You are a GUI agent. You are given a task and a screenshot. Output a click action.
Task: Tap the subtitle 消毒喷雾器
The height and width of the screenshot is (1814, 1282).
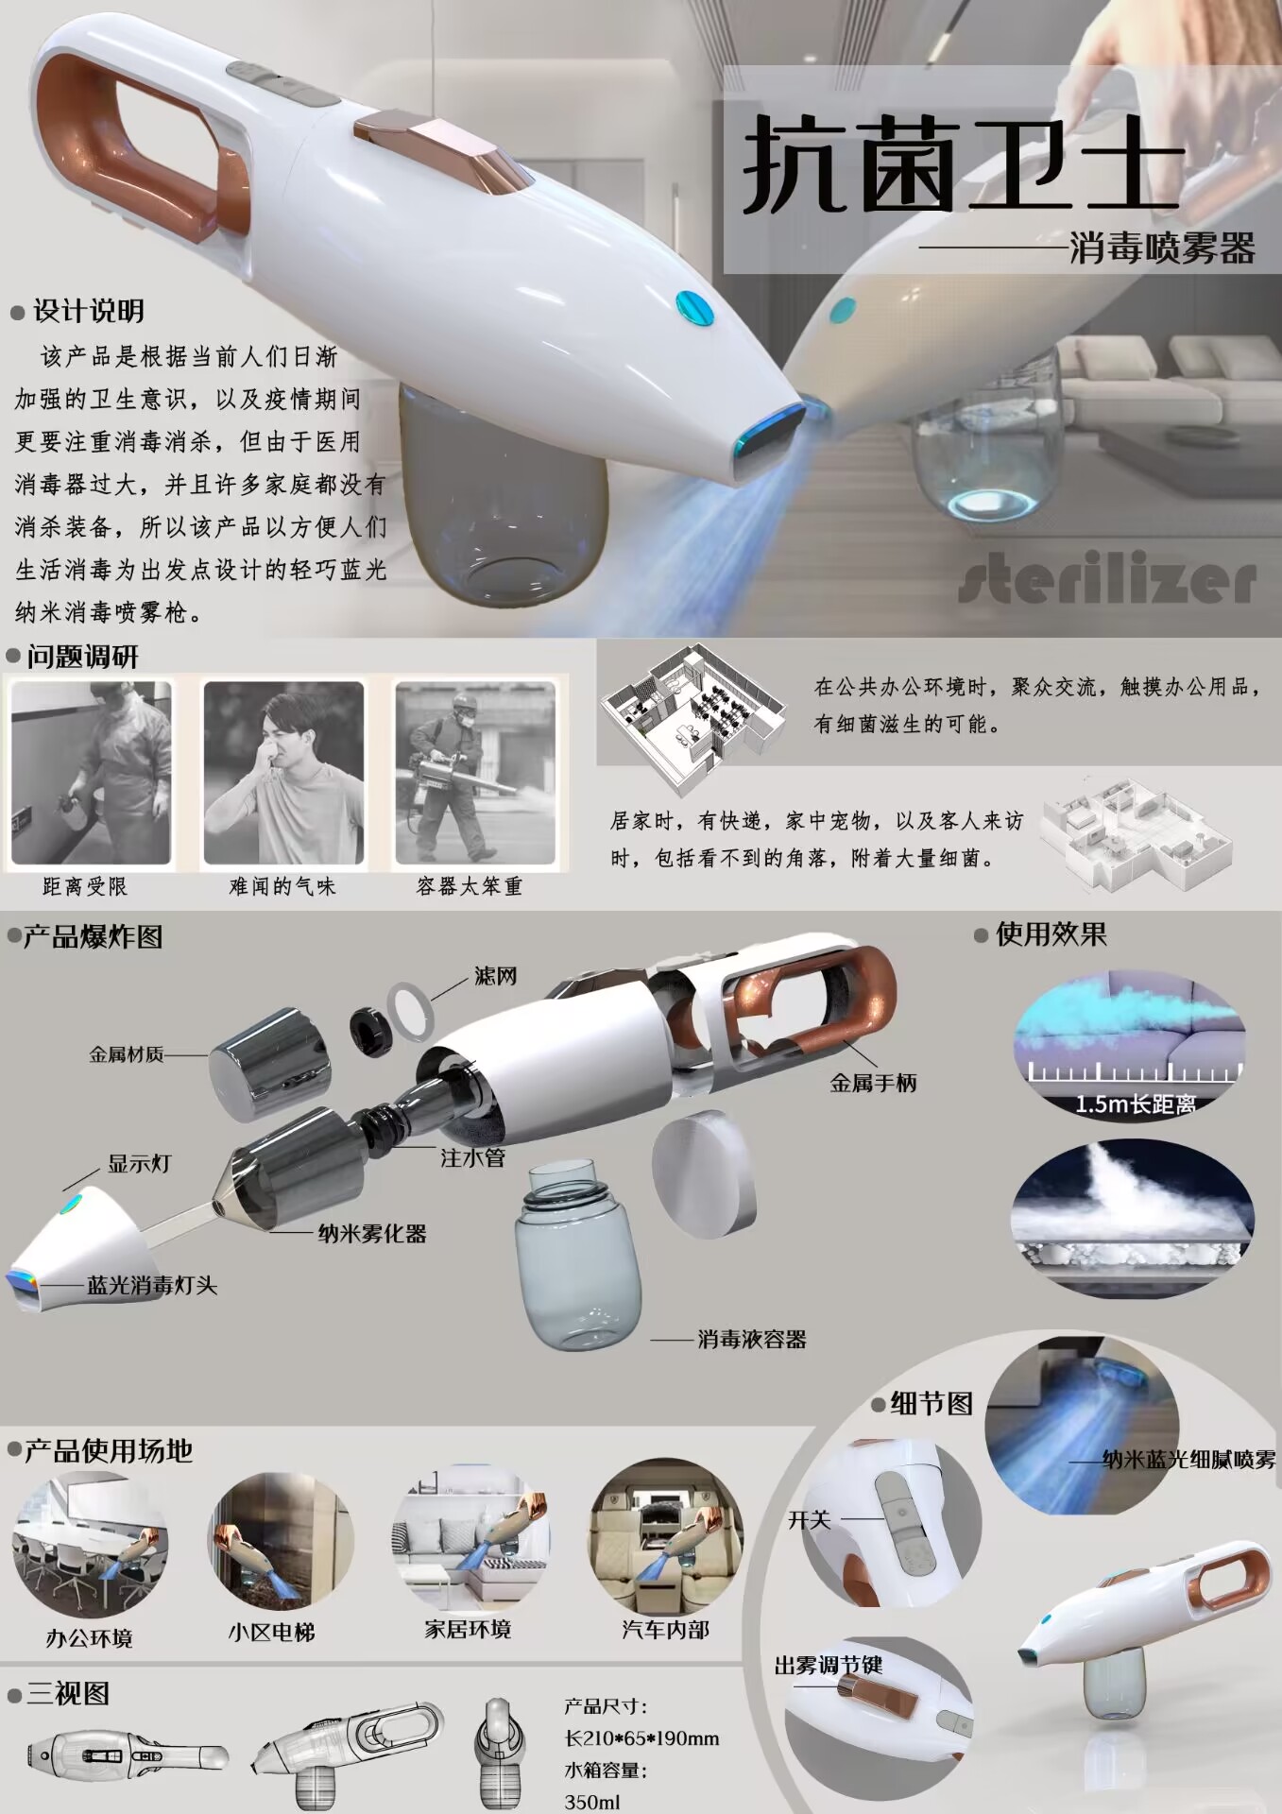[x=1162, y=248]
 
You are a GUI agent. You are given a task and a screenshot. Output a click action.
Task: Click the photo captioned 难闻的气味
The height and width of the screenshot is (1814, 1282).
[x=283, y=773]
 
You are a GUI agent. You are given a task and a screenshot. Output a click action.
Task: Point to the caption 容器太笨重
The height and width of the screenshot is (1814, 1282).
[x=470, y=886]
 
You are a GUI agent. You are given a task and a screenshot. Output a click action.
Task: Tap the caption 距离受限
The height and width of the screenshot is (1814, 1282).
[x=85, y=886]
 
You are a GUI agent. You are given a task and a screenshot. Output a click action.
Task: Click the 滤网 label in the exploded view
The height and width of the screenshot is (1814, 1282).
[x=495, y=976]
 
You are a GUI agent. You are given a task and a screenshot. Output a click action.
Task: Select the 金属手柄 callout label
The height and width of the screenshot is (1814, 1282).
[x=873, y=1083]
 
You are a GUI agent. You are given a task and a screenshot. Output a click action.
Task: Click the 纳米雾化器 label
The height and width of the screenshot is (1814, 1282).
[x=372, y=1233]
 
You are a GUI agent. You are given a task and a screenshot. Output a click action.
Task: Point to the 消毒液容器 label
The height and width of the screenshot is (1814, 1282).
[x=752, y=1339]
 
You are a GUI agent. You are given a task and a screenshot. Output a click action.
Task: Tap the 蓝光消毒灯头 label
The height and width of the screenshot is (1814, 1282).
[x=152, y=1285]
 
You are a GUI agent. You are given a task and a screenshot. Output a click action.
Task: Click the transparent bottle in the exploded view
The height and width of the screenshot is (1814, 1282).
[x=577, y=1257]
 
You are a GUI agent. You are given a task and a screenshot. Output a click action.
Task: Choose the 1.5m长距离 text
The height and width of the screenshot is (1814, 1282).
[x=1136, y=1104]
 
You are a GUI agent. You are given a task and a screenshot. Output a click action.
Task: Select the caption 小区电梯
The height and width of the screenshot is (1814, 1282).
[x=271, y=1632]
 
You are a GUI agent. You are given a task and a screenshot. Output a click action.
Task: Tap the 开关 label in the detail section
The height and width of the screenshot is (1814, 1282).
[x=810, y=1520]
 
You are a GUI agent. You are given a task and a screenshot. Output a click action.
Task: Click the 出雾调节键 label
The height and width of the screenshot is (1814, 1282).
[x=829, y=1665]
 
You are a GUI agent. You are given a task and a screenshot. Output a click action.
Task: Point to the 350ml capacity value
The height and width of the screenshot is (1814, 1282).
[x=592, y=1801]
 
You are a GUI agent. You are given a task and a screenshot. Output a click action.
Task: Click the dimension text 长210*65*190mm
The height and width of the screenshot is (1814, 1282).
[x=641, y=1737]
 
